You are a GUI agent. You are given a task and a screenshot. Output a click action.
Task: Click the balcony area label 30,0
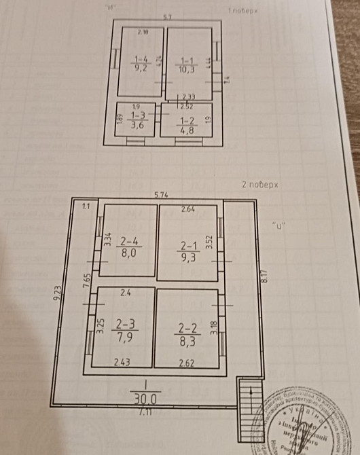point(145,395)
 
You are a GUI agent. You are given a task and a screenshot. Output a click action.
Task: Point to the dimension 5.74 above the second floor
point(162,196)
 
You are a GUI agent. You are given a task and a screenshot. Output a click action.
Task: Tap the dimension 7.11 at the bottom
point(145,412)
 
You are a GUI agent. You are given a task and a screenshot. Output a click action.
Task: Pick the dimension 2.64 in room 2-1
point(187,209)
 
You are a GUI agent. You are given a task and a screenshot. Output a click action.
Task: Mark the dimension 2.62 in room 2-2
point(187,362)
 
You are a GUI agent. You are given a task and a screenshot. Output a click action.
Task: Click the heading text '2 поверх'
point(261,184)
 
